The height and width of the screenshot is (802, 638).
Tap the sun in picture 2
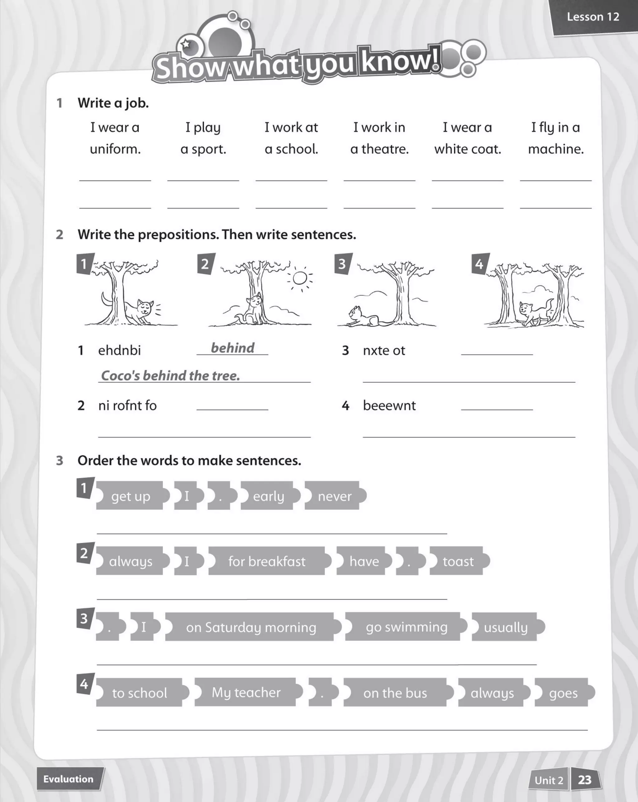click(299, 278)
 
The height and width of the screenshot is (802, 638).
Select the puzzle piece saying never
click(335, 496)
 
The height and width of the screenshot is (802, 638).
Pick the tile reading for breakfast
click(267, 561)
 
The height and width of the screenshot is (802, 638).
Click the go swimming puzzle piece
click(406, 627)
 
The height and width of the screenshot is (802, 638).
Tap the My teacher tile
click(246, 692)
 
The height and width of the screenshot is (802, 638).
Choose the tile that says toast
click(458, 561)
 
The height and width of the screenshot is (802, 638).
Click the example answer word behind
click(233, 348)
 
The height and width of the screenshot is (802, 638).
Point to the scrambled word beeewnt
click(389, 405)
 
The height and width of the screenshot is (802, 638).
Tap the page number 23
click(584, 780)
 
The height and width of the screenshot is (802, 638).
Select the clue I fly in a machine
click(555, 138)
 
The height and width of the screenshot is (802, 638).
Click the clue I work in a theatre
click(379, 138)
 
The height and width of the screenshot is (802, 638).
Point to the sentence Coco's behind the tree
click(170, 376)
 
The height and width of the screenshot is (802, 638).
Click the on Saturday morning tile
click(251, 627)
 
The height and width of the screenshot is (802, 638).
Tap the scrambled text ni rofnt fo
click(127, 405)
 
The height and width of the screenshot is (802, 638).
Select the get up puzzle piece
click(131, 496)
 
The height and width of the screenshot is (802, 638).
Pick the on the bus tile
click(395, 693)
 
